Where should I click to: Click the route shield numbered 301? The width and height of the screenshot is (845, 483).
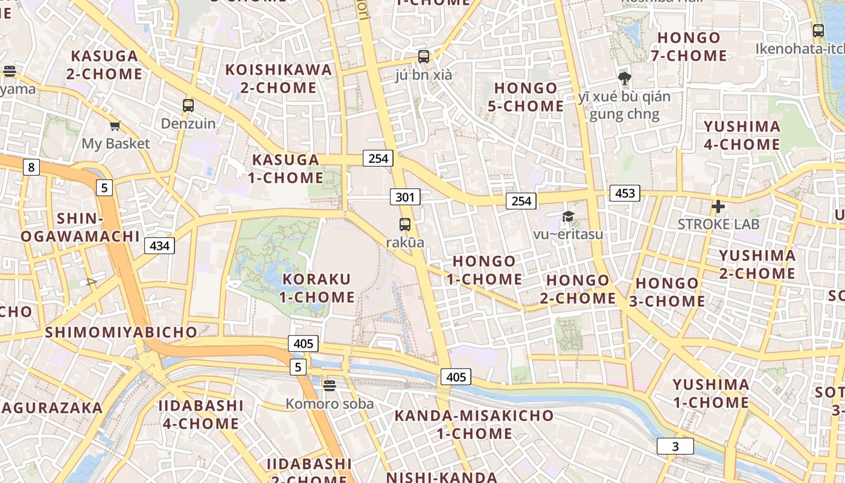click(405, 197)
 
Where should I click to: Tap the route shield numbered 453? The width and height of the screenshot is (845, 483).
click(625, 193)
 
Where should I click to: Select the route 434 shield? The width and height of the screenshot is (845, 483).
click(159, 245)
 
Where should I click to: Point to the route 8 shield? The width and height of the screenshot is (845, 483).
click(31, 167)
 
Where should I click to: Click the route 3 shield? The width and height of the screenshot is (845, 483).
click(675, 446)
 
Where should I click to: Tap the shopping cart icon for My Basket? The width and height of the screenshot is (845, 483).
click(115, 126)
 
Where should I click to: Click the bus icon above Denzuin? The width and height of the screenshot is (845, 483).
click(188, 106)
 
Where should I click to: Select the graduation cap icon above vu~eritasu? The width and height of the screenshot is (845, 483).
click(568, 216)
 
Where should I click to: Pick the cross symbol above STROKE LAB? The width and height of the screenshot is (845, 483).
click(718, 207)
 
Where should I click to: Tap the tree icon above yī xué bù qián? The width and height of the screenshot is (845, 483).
click(625, 78)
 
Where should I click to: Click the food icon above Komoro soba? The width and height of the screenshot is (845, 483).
click(329, 385)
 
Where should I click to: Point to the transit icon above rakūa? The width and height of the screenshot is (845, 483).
click(405, 225)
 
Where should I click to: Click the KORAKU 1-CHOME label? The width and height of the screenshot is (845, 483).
click(317, 288)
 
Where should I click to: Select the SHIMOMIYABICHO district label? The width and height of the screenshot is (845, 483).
click(121, 332)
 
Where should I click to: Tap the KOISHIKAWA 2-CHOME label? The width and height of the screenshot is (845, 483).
click(278, 78)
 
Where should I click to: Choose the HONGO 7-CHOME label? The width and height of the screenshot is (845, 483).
click(689, 46)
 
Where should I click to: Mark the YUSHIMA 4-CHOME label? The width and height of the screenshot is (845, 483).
click(742, 135)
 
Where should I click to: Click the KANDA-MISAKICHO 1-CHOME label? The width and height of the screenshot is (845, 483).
click(474, 424)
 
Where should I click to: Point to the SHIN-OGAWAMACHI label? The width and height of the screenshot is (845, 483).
click(80, 227)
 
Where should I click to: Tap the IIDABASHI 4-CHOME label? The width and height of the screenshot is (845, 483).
click(201, 414)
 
